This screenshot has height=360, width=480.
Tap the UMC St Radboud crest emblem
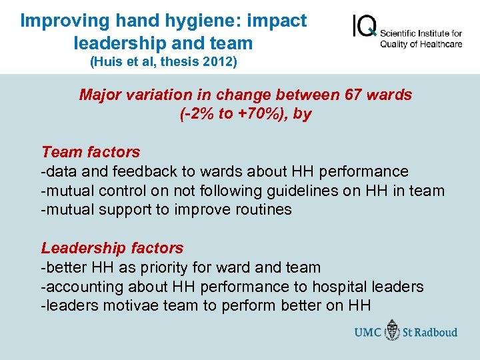(393, 331)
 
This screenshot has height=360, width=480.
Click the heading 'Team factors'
(91, 152)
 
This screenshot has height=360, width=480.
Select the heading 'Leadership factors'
(112, 248)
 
